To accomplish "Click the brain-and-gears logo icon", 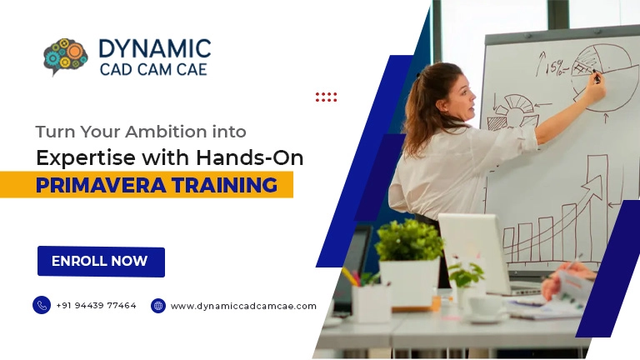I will (x=65, y=57).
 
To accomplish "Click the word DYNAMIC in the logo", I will (x=154, y=48).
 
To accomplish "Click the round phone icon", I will (x=42, y=305).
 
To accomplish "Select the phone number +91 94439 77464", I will (x=96, y=306).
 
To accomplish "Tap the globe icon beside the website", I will (x=158, y=306).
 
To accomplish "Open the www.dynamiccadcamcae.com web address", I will (x=243, y=306).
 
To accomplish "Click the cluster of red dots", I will (x=326, y=97).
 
